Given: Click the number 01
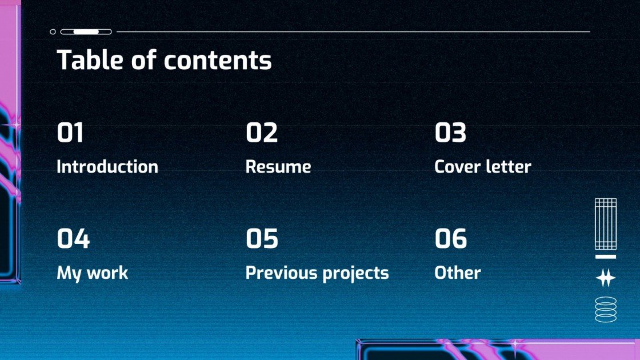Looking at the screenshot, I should click(x=70, y=133).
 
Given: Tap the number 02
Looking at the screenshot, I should click(x=262, y=133).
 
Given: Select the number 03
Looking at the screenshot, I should click(x=450, y=133).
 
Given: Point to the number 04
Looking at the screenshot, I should click(x=73, y=239).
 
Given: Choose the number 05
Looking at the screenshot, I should click(x=262, y=239).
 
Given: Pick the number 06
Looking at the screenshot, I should click(x=451, y=239).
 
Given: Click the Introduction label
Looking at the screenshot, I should click(x=107, y=167).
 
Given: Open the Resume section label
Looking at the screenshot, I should click(x=278, y=167).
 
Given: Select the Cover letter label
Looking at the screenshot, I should click(x=483, y=167).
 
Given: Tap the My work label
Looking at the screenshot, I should click(x=93, y=273).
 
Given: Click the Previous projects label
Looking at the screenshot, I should click(x=317, y=273).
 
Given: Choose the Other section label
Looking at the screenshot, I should click(x=458, y=273).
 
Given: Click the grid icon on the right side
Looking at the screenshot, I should click(x=606, y=224).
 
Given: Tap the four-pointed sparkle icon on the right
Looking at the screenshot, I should click(x=606, y=278).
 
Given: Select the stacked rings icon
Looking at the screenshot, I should click(x=606, y=309).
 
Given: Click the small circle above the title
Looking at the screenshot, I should click(x=53, y=32).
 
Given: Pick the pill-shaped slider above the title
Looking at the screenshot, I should click(x=86, y=32).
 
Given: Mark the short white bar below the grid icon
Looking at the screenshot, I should click(x=606, y=257).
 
